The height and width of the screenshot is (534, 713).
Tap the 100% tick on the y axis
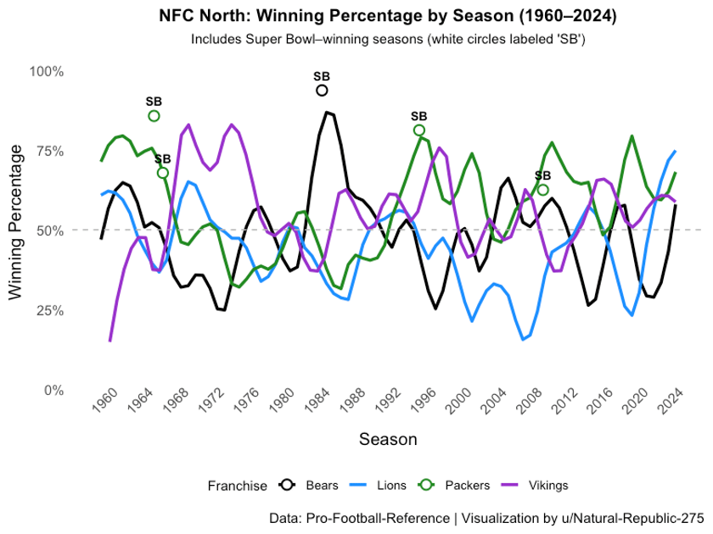(x=47, y=71)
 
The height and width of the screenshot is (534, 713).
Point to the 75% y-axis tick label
(x=49, y=151)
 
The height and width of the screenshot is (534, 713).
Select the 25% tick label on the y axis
(x=49, y=310)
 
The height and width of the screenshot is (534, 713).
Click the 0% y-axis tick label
(x=53, y=390)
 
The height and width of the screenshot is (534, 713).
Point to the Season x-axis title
(x=388, y=439)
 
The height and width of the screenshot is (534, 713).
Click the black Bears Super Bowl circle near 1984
(x=322, y=91)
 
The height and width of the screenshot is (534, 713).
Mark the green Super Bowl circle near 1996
(x=419, y=131)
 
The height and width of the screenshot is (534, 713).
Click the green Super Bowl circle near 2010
(x=543, y=190)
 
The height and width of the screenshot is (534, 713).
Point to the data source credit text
(x=486, y=517)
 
